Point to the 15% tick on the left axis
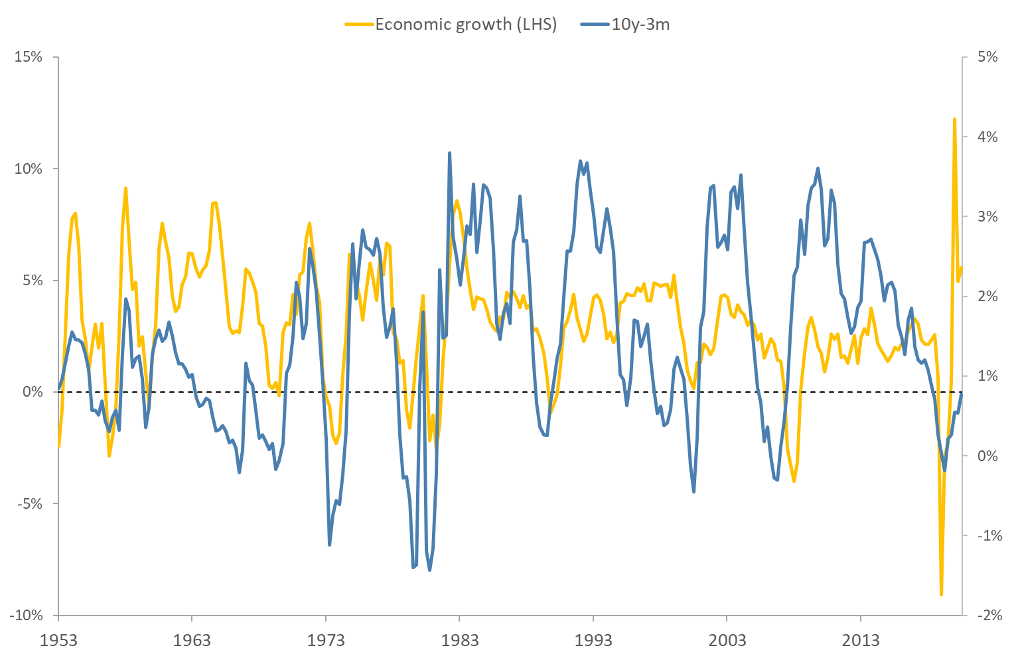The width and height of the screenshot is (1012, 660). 29,57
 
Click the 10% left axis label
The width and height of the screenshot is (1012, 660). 29,168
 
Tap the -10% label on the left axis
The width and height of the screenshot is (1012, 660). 26,615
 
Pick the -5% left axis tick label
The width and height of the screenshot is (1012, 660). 29,503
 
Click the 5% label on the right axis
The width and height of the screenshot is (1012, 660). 987,57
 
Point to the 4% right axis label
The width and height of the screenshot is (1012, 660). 987,137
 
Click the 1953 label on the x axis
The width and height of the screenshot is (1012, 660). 58,640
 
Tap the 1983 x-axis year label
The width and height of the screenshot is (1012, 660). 459,640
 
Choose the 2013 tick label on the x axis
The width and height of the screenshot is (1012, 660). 860,640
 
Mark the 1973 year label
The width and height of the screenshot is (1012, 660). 326,640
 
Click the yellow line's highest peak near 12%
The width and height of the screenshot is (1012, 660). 954,119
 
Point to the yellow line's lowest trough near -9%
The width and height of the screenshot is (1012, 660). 941,594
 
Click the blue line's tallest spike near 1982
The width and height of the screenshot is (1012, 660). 449,153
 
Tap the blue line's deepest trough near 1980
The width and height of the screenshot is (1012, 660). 429,570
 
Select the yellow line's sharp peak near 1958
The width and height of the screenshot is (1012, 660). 125,188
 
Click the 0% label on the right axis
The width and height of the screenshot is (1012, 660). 987,456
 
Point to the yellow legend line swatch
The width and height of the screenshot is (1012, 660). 358,25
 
